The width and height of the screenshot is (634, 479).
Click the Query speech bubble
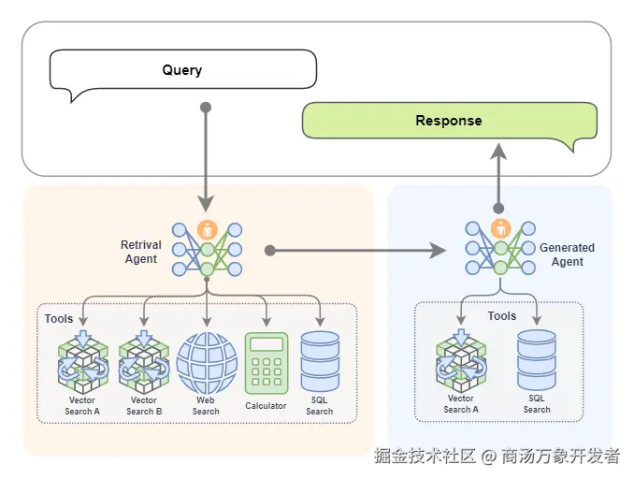[182, 71]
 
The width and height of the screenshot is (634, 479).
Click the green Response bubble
[449, 122]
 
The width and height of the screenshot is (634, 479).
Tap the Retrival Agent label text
[141, 252]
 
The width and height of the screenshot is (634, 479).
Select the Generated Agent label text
[567, 254]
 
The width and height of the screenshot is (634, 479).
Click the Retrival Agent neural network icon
[207, 248]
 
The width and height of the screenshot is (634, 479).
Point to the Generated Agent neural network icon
[500, 248]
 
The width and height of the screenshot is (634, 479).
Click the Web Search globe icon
[207, 363]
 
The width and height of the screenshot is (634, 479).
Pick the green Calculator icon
[266, 363]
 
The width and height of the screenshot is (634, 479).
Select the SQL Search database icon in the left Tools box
[320, 362]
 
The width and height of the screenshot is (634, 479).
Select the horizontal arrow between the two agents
[355, 251]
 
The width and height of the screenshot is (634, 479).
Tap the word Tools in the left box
[59, 319]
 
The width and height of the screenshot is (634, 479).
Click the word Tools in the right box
[501, 316]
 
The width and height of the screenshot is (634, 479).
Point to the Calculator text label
[266, 406]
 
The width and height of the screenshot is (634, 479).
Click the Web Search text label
[206, 406]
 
